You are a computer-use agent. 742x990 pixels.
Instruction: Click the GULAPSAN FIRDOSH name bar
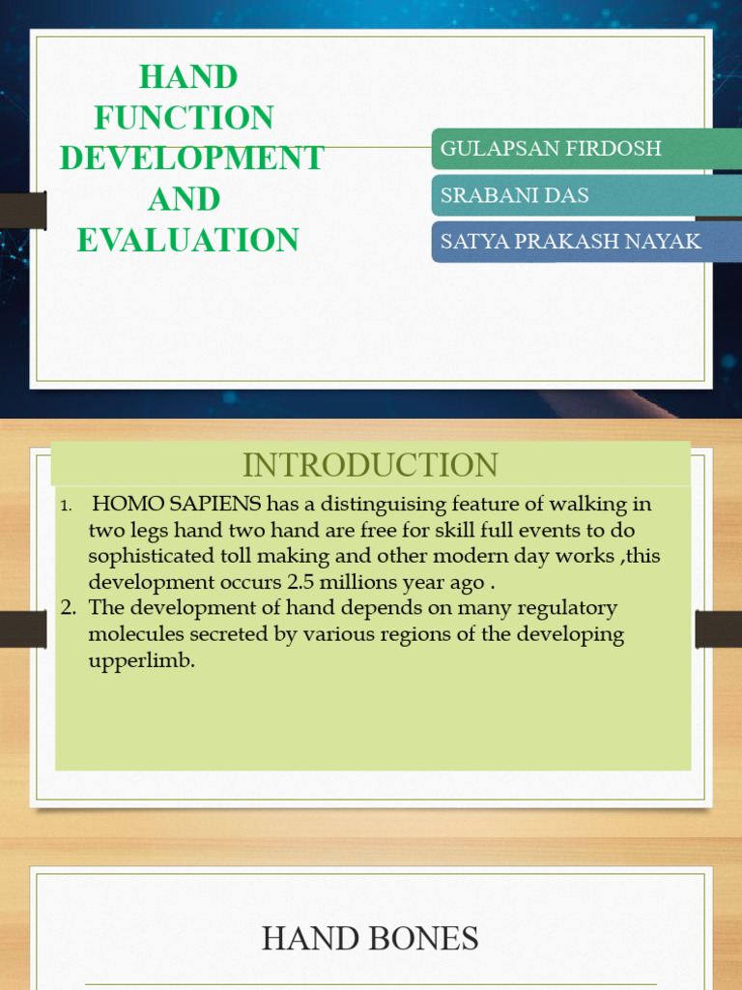pos(585,149)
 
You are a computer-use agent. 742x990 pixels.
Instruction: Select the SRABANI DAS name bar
pos(585,195)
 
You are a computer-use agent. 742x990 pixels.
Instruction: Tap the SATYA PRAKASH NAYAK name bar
pos(585,242)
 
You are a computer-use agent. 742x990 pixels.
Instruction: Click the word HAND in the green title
pos(188,76)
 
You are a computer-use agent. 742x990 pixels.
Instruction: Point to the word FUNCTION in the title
pos(184,118)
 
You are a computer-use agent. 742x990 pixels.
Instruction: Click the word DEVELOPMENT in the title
pos(191,159)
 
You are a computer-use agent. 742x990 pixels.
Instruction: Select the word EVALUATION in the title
pos(188,241)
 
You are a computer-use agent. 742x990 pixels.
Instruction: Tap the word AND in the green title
pos(184,200)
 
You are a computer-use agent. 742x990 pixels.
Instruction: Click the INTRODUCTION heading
pos(370,465)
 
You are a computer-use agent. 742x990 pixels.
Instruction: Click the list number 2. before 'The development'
pos(68,608)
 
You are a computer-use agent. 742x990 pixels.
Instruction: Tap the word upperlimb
pos(142,662)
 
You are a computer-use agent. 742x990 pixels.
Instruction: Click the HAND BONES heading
pos(370,938)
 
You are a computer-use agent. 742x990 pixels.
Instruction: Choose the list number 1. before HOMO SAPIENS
pos(66,506)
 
